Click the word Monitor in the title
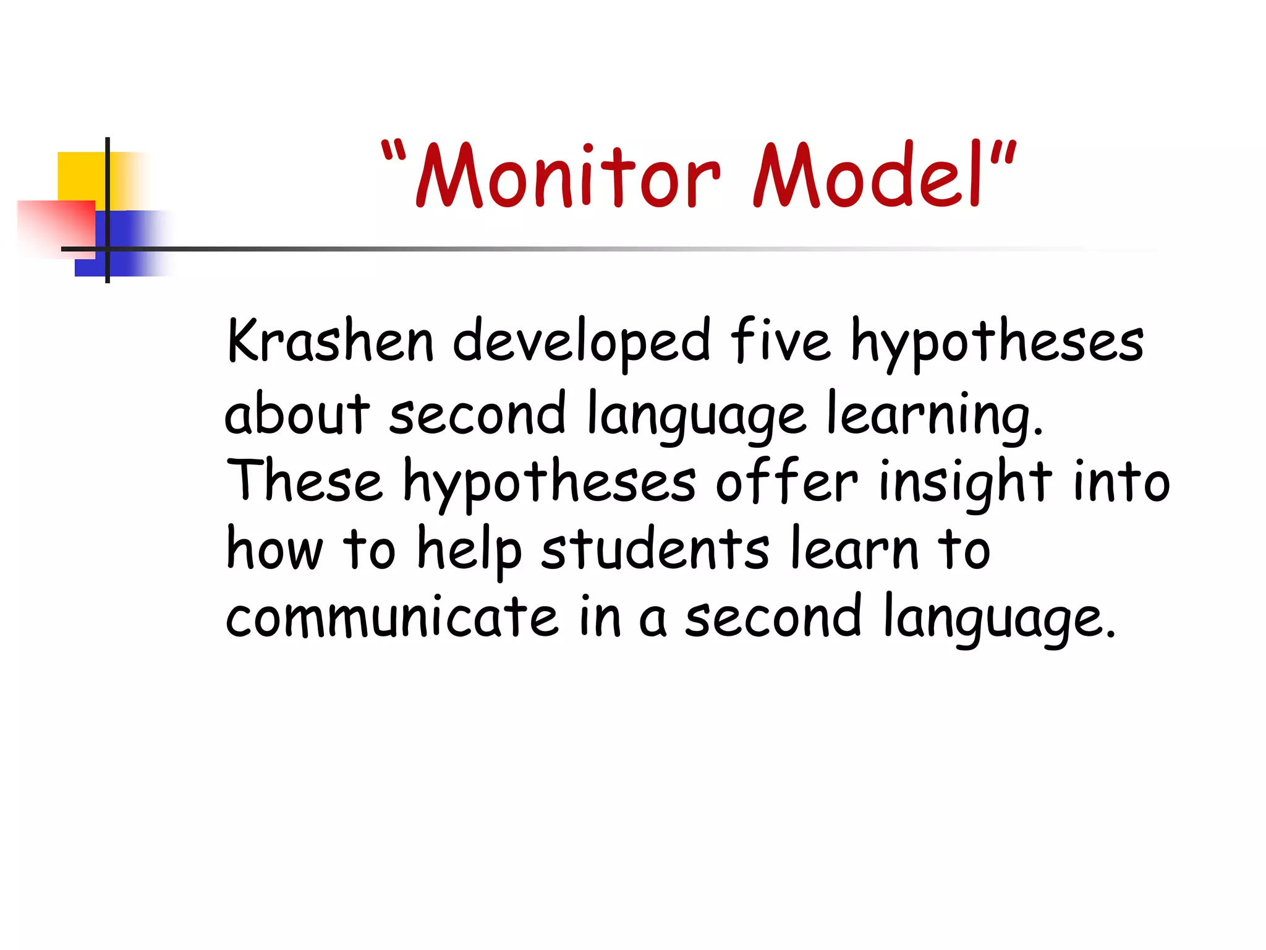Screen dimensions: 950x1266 coord(567,176)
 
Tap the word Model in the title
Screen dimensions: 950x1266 coord(865,176)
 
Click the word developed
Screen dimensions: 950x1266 coord(581,341)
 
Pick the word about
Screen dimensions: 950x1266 coord(297,413)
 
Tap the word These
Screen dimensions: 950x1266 coord(304,481)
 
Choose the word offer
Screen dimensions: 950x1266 coord(786,481)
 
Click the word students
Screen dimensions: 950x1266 coord(655,549)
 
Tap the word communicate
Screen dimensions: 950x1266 coord(392,617)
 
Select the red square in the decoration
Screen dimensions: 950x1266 coord(56,226)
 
